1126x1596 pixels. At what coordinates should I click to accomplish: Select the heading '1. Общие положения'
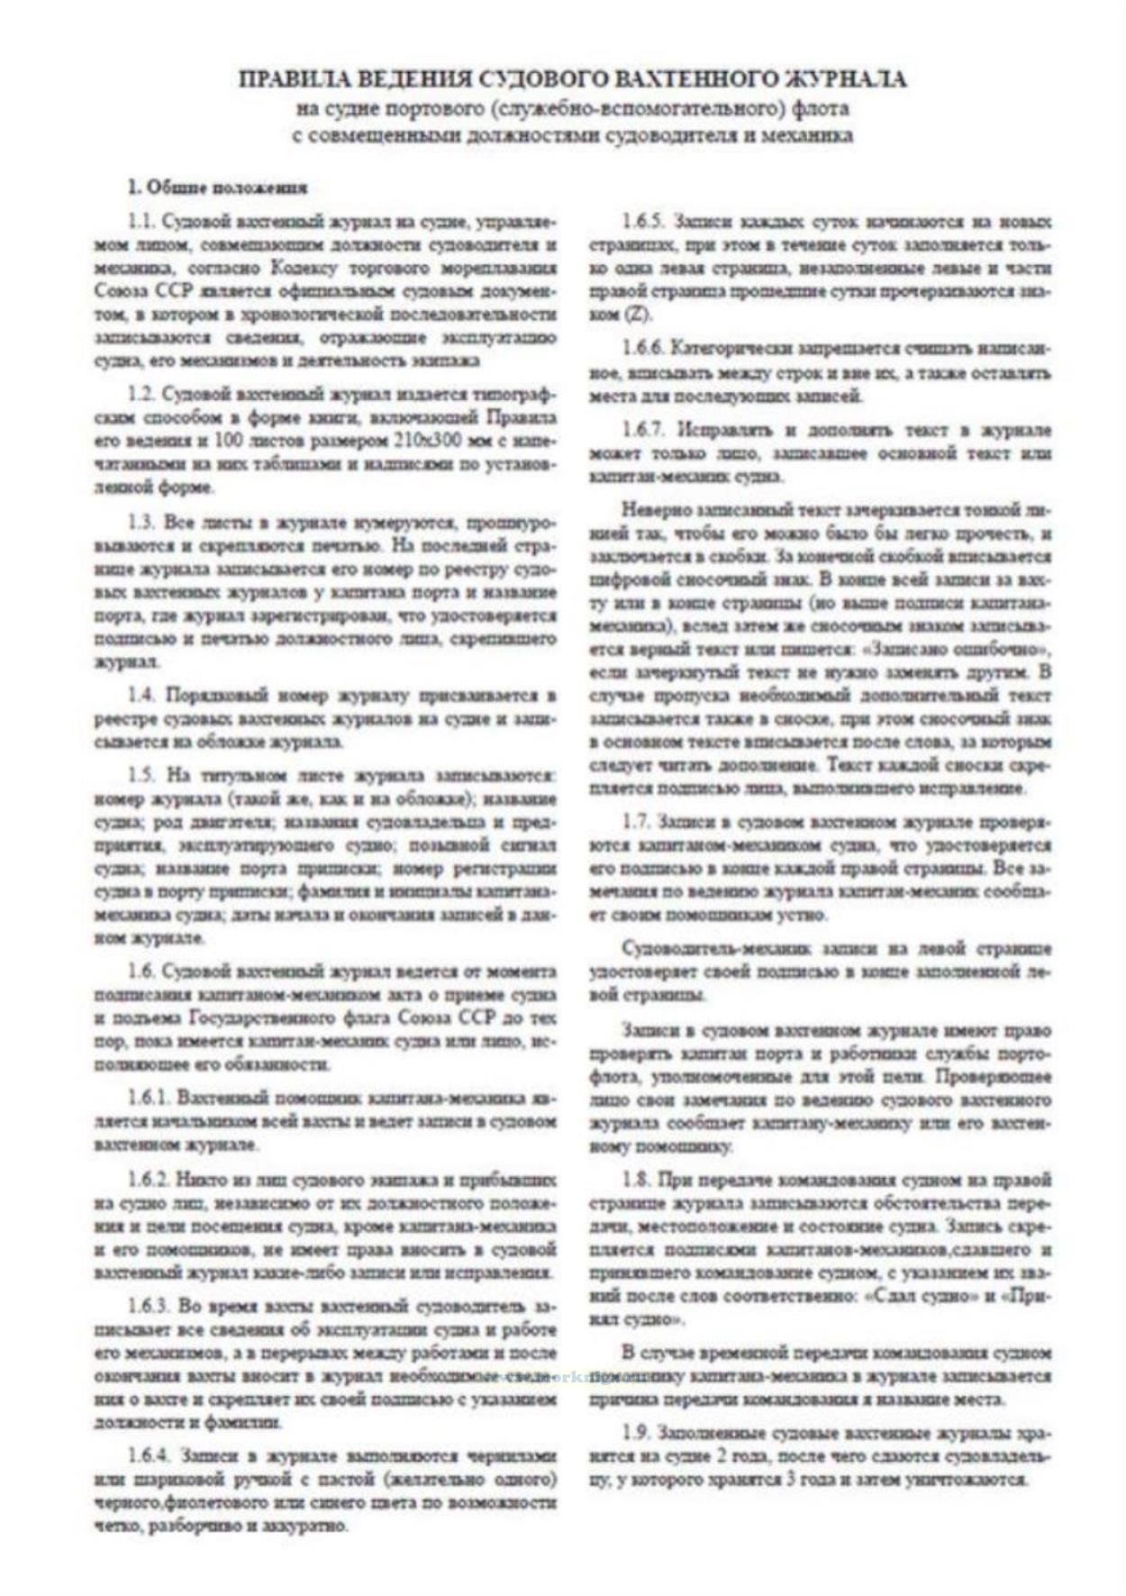click(x=217, y=187)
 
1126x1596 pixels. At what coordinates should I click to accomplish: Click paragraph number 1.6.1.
click(x=150, y=1099)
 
